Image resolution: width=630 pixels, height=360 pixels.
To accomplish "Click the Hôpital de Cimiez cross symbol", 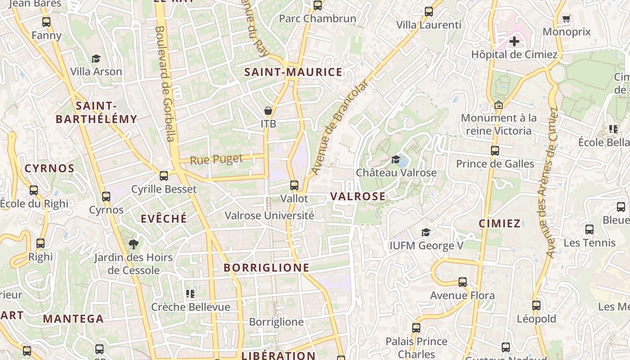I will click(x=514, y=42).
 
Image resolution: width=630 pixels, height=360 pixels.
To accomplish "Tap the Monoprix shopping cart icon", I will click(x=566, y=19).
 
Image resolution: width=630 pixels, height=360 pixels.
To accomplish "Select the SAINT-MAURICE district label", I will click(x=293, y=72).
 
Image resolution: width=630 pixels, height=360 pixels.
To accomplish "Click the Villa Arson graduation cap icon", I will click(x=96, y=58).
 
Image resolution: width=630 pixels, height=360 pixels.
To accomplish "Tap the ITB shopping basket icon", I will click(x=268, y=111).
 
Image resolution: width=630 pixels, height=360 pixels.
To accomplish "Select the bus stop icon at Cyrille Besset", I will click(x=164, y=176).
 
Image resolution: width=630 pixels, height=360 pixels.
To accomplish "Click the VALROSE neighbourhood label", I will click(x=358, y=196).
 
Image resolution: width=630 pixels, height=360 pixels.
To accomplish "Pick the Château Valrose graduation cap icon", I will click(x=396, y=160).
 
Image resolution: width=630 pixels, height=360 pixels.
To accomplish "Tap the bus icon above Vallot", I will click(x=294, y=185).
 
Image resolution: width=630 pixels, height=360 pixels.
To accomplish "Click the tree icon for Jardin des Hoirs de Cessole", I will click(x=133, y=244).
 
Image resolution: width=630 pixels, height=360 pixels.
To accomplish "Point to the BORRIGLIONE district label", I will click(x=266, y=268).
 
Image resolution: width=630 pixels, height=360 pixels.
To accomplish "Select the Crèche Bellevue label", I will click(x=190, y=307).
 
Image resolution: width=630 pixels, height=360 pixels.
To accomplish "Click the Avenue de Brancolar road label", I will click(x=339, y=127).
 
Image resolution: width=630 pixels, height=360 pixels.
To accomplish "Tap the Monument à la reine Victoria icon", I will click(x=498, y=105).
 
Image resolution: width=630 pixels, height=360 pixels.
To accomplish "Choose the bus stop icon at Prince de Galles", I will click(x=495, y=151).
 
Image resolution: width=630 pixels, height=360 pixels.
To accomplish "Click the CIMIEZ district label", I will click(x=499, y=224).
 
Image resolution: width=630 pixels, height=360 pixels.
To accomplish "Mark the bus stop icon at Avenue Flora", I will click(x=463, y=282).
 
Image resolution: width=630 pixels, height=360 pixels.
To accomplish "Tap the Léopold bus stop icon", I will click(x=536, y=306).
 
